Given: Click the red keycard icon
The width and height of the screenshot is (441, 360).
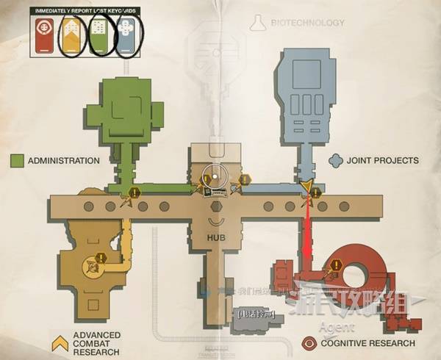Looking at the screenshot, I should point(44,35).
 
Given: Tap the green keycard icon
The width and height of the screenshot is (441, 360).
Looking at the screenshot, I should point(98,35).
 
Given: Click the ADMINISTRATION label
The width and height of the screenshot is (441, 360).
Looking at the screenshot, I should point(63,161).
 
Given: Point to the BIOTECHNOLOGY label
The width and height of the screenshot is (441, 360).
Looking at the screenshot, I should point(307,23).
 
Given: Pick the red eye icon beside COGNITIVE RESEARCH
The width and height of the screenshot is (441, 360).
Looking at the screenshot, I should point(309,343).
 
